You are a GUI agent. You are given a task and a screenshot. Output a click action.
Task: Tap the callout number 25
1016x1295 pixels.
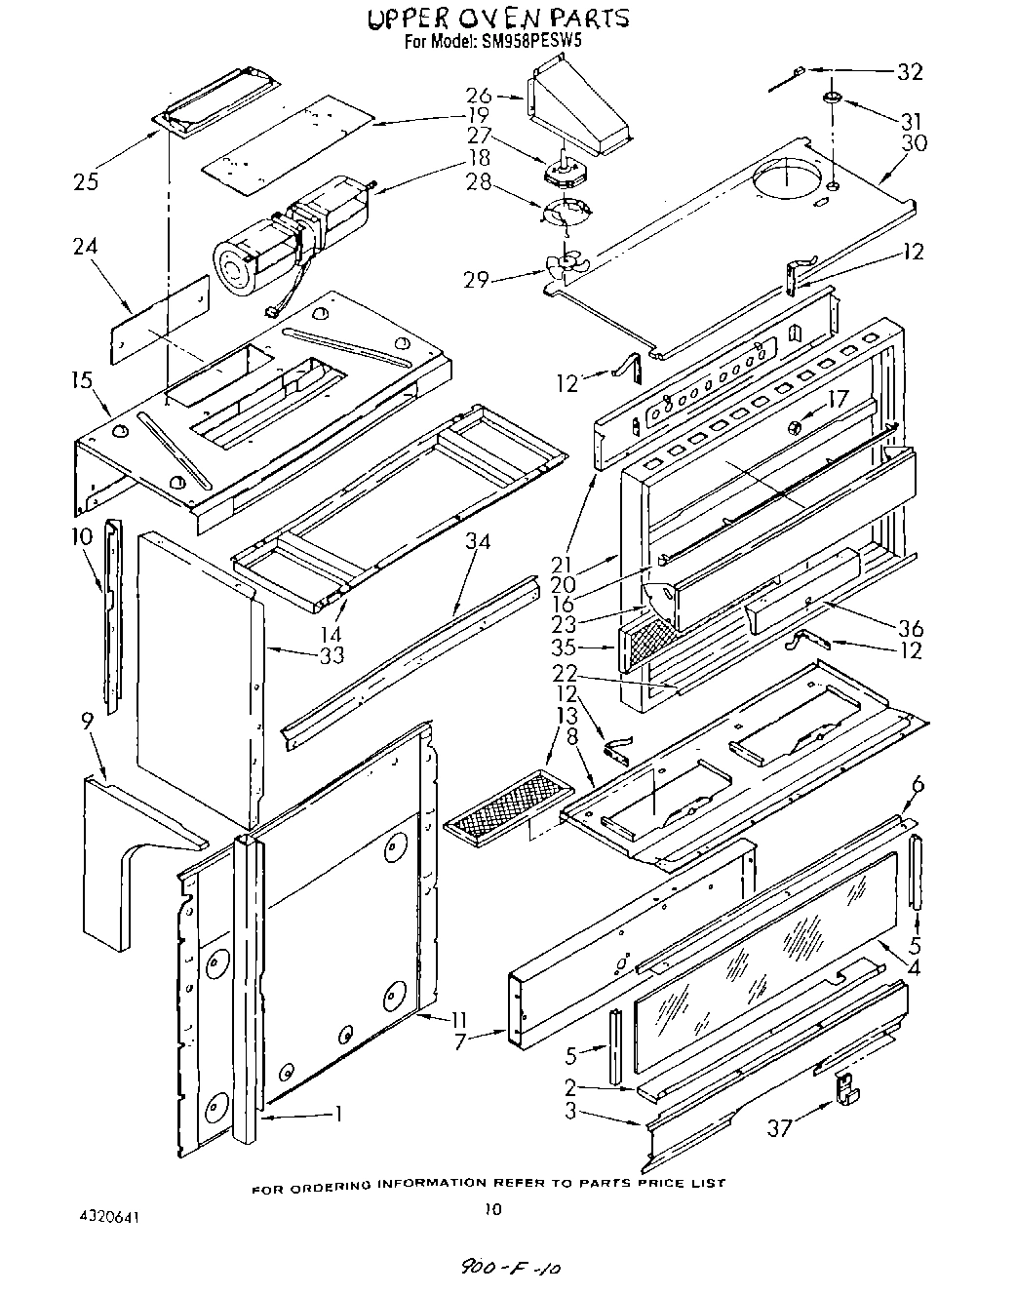(x=86, y=181)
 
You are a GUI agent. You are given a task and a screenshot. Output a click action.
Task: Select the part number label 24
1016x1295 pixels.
(x=86, y=247)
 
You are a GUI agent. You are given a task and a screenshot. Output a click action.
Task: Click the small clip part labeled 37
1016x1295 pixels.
(x=845, y=1087)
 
